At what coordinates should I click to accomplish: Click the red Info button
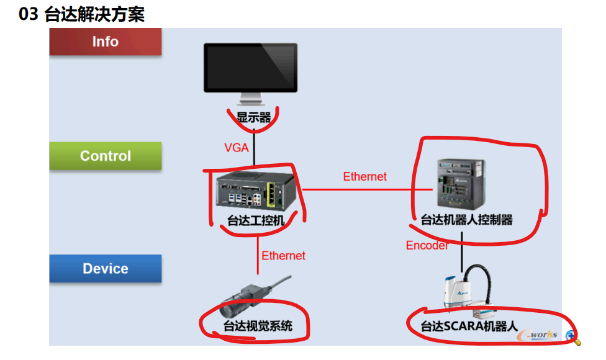pyautogui.click(x=106, y=42)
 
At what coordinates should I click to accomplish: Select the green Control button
pyautogui.click(x=106, y=156)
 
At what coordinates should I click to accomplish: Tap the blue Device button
pyautogui.click(x=106, y=269)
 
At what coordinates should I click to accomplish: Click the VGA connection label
pyautogui.click(x=237, y=148)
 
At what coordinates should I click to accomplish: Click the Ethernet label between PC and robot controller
pyautogui.click(x=364, y=177)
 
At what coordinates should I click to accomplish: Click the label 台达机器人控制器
pyautogui.click(x=466, y=220)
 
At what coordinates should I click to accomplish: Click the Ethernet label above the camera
pyautogui.click(x=283, y=256)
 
